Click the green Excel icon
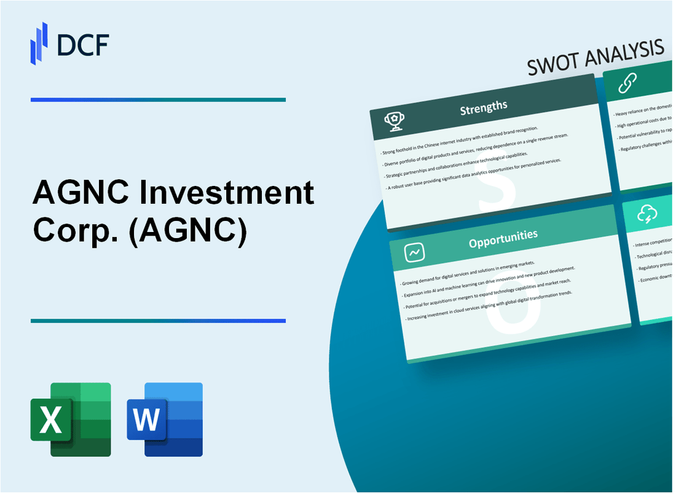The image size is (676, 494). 71,420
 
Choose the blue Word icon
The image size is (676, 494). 165,420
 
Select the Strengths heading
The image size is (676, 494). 484,107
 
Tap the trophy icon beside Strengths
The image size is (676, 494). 394,122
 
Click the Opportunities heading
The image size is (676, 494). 503,236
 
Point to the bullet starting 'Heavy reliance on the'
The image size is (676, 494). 643,110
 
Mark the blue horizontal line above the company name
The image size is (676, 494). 158,99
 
